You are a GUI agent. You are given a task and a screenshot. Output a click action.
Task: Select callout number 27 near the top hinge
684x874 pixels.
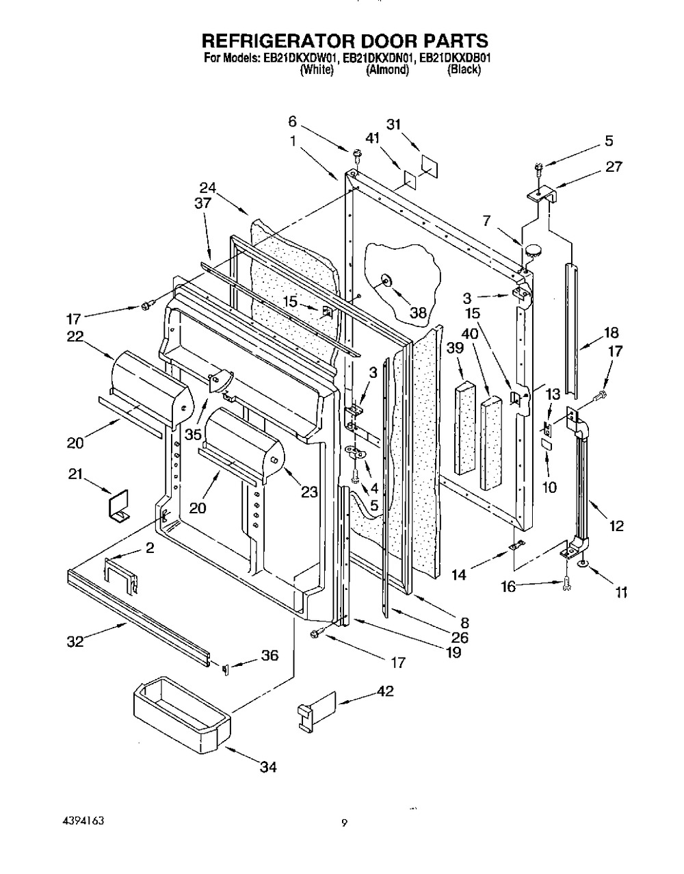click(614, 166)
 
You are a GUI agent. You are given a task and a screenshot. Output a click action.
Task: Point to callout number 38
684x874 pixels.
click(418, 313)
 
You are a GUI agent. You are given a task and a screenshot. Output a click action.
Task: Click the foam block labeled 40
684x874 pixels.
click(491, 442)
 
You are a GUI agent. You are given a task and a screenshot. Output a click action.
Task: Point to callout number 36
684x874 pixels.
click(269, 656)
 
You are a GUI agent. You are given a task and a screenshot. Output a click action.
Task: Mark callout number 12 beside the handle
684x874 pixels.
click(616, 525)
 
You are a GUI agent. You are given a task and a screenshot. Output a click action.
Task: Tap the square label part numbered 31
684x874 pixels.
click(429, 166)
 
